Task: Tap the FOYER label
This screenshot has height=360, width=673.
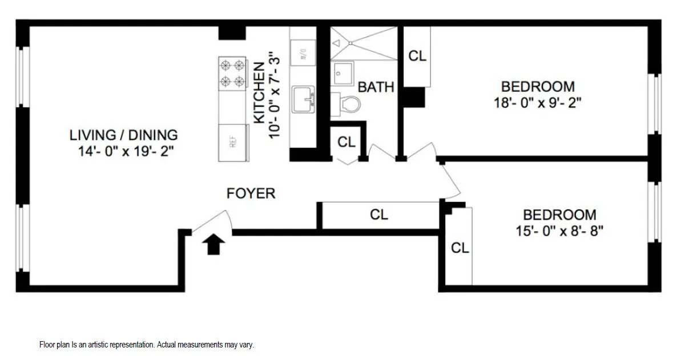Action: (251, 193)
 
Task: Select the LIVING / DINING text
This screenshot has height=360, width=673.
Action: (123, 135)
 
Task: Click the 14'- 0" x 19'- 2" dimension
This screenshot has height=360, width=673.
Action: (126, 152)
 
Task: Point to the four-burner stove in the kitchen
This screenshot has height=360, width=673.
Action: (233, 73)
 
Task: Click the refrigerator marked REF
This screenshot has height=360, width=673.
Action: (233, 142)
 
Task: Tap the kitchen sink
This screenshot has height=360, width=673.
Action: (303, 99)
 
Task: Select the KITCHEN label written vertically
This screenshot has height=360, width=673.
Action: (259, 92)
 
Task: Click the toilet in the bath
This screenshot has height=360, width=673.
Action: (349, 104)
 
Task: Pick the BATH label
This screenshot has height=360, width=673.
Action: (376, 87)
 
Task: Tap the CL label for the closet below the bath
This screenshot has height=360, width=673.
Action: (346, 142)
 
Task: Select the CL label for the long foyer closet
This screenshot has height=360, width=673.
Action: (379, 215)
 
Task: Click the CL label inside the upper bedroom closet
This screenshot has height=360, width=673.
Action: (417, 56)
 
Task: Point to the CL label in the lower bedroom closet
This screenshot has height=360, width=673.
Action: (460, 248)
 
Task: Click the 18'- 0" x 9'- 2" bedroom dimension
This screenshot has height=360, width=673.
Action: (538, 103)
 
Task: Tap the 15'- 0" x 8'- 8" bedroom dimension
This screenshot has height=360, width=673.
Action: (559, 232)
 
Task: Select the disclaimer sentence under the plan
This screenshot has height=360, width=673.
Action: (147, 345)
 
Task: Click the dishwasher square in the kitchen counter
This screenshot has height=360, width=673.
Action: (303, 52)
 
